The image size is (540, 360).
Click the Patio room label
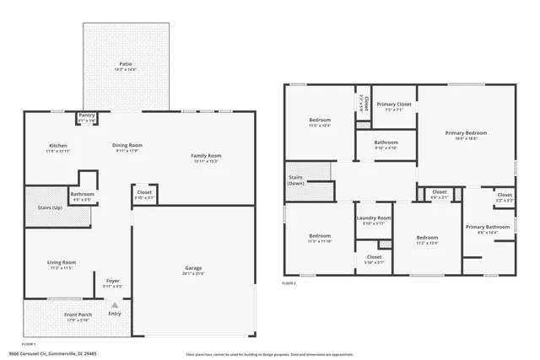click(126, 63)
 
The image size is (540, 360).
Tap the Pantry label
click(87, 116)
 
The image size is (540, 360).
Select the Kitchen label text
click(57, 145)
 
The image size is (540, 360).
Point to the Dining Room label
click(127, 145)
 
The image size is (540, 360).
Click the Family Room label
click(206, 155)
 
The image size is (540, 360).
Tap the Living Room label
click(62, 262)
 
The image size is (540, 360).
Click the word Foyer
click(112, 281)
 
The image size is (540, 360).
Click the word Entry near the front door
click(115, 314)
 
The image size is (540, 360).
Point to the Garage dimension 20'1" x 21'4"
click(194, 274)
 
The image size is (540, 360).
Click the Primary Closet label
click(393, 104)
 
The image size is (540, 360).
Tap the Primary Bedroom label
click(467, 132)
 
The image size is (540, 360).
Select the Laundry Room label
click(374, 218)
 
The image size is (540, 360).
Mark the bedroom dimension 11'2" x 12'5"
click(427, 243)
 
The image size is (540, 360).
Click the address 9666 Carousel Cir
click(34, 355)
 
